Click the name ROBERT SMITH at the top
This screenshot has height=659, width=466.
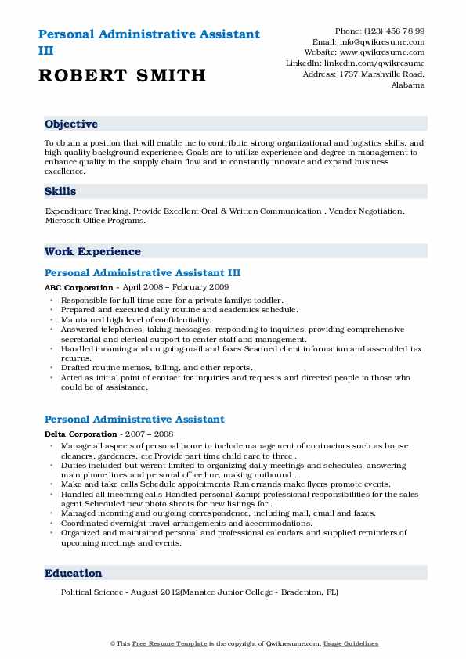pyautogui.click(x=121, y=75)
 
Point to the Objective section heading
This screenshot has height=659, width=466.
pyautogui.click(x=71, y=124)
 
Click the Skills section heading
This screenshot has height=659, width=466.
pyautogui.click(x=60, y=191)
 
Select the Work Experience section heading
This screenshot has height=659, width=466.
pyautogui.click(x=92, y=251)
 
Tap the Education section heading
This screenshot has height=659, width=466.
pyautogui.click(x=74, y=573)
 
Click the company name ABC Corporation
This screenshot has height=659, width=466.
pyautogui.click(x=78, y=288)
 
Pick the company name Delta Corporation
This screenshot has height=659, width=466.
pyautogui.click(x=81, y=434)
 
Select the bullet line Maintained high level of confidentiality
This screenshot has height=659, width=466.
pyautogui.click(x=135, y=319)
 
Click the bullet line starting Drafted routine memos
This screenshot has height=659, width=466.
pyautogui.click(x=156, y=367)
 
